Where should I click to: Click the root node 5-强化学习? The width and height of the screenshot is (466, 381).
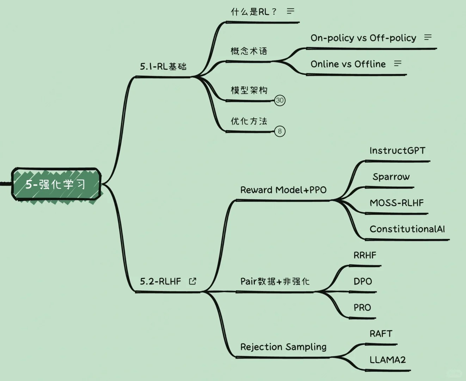[x=56, y=184]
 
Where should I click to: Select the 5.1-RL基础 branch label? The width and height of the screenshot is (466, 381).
[x=163, y=66]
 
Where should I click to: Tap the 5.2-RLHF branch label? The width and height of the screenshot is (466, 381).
[x=160, y=281]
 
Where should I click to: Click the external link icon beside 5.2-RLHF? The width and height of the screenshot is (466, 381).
[x=192, y=281]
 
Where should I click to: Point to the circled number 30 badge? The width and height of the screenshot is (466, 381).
[x=280, y=100]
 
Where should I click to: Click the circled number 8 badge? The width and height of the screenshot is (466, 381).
[x=280, y=131]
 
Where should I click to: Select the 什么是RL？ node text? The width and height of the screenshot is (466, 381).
[x=253, y=12]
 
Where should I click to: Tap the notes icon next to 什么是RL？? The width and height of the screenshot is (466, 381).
[x=290, y=11]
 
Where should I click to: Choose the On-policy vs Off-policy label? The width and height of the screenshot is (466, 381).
[x=363, y=38]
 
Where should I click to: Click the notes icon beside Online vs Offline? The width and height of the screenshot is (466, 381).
[x=398, y=64]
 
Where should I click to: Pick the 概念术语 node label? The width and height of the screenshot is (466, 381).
[x=249, y=51]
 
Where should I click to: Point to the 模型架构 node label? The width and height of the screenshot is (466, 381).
[x=249, y=90]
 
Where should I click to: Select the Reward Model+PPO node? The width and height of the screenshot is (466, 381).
[x=283, y=190]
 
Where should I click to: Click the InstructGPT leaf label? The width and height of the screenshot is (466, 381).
[x=397, y=151]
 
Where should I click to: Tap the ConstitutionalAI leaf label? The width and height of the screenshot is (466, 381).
[x=407, y=229]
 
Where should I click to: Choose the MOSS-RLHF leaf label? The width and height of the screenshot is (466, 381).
[x=397, y=203]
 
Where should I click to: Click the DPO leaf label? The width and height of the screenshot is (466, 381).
[x=363, y=281]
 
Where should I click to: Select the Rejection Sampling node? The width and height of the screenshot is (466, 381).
[x=283, y=347]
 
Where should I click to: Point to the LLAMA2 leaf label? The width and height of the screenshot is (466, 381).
[x=387, y=360]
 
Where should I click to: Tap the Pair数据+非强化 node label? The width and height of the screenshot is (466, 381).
[x=275, y=281]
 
